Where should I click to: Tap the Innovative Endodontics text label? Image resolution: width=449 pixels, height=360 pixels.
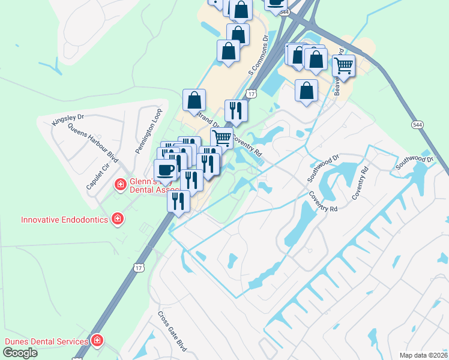(64, 220)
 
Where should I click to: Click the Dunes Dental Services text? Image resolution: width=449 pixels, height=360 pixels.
(46, 341)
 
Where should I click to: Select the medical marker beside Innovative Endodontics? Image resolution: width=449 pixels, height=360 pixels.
(118, 219)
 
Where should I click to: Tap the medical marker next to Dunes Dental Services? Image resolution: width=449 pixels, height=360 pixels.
(97, 341)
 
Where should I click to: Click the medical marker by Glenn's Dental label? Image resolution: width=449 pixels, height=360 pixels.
(120, 184)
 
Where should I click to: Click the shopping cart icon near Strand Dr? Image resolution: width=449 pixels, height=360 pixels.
(222, 137)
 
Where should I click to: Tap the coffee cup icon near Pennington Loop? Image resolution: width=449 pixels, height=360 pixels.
(166, 170)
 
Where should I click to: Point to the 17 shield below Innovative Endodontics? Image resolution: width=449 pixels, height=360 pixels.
(139, 268)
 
